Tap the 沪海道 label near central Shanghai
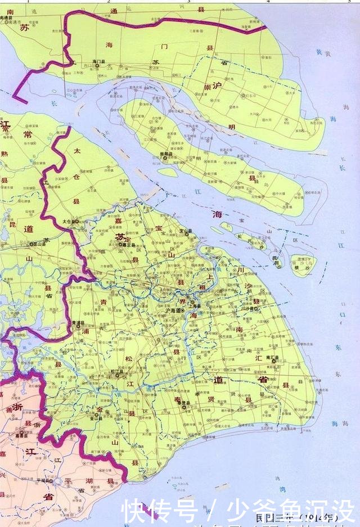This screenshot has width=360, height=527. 175,310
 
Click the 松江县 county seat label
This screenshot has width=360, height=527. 116,371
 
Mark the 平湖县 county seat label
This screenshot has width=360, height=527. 58,480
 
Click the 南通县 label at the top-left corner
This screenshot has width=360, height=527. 11,18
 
